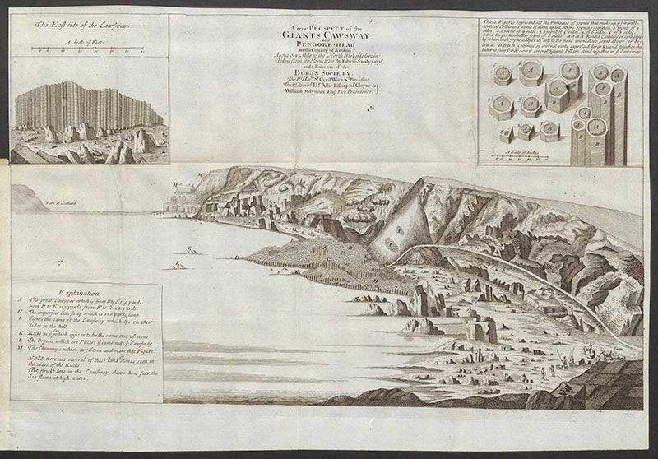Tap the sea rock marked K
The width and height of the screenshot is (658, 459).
(191, 249)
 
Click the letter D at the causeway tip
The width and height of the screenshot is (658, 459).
(238, 257)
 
